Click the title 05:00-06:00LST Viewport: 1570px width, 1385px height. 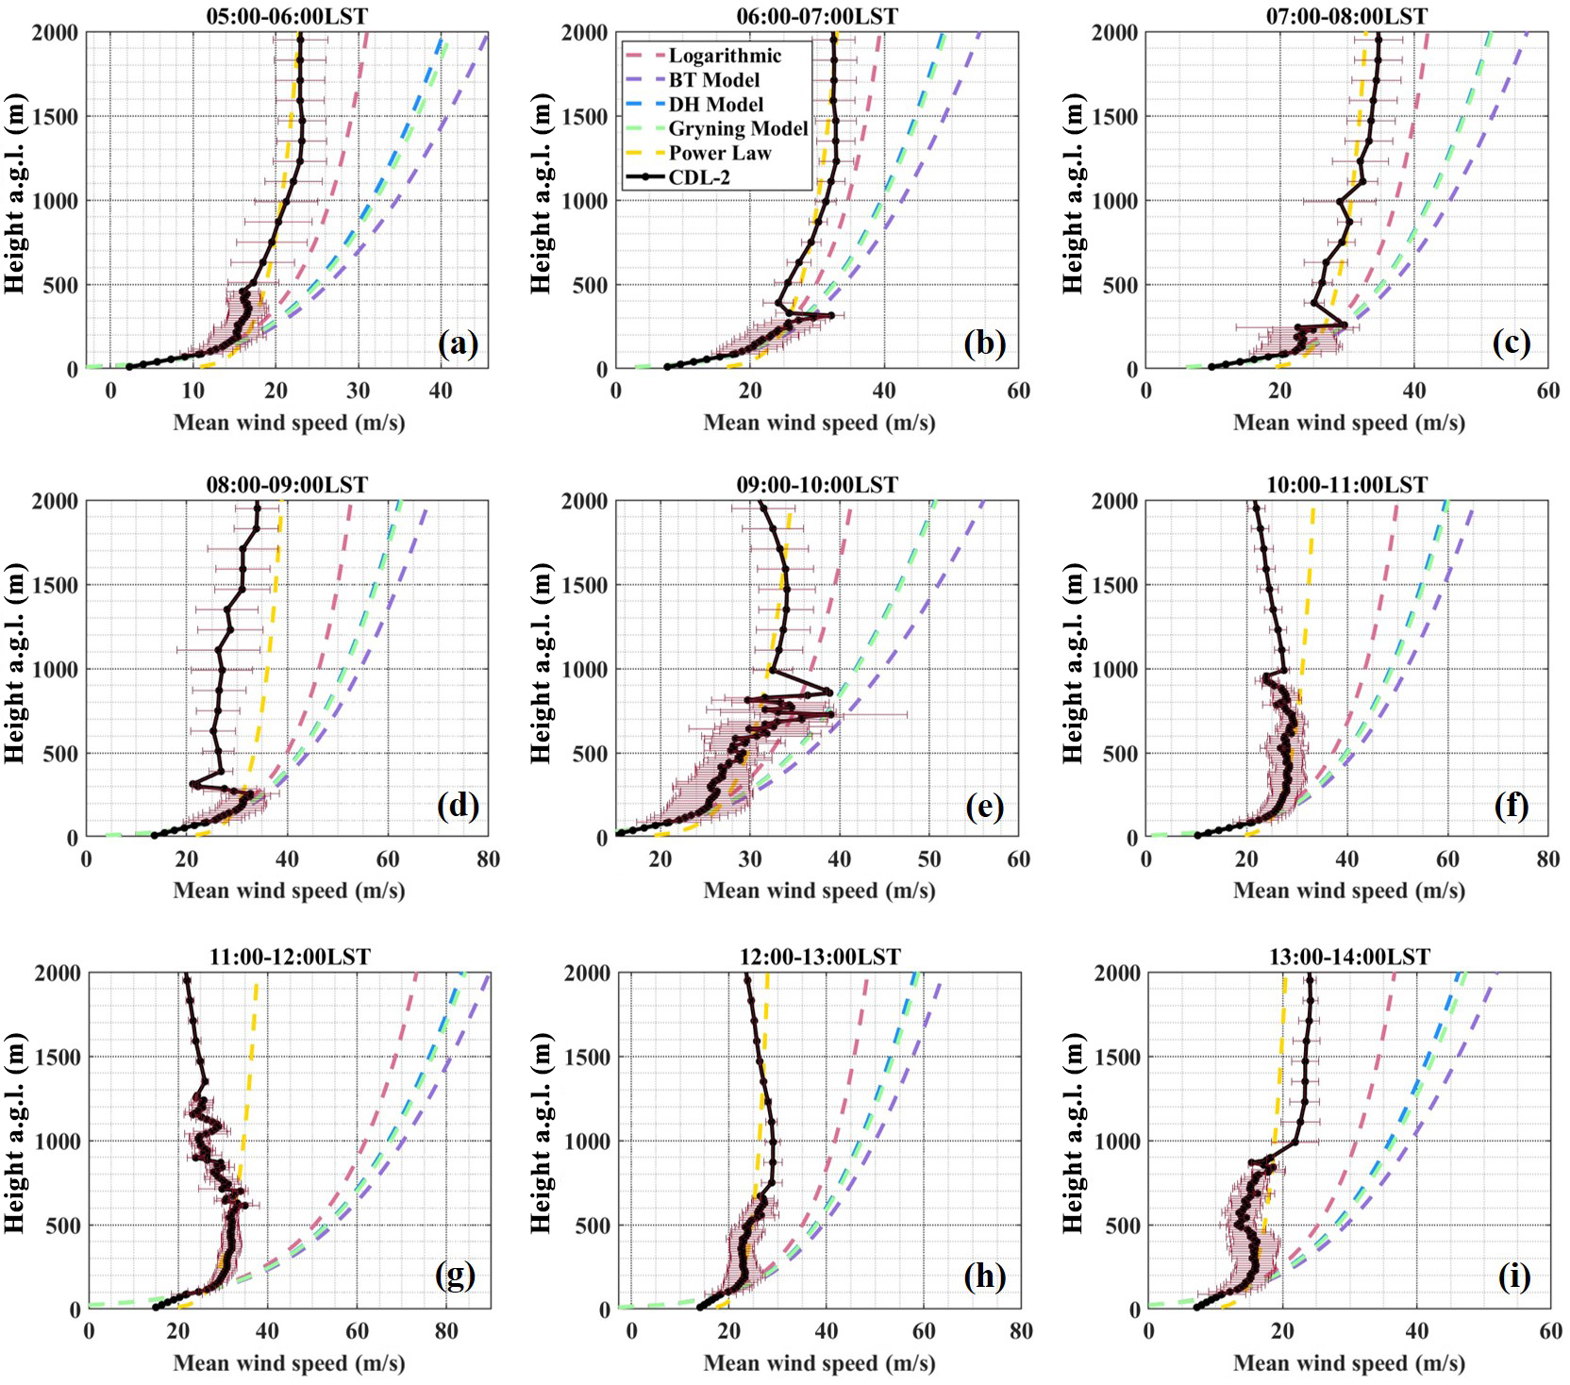click(x=287, y=16)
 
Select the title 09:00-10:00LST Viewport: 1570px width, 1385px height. click(x=817, y=485)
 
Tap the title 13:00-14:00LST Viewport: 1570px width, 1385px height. click(x=1349, y=957)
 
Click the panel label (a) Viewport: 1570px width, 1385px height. click(x=459, y=343)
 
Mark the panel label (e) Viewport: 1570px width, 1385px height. click(x=985, y=807)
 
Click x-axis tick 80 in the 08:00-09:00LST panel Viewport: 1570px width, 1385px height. click(x=488, y=859)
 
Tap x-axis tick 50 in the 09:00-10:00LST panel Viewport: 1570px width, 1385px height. click(x=929, y=859)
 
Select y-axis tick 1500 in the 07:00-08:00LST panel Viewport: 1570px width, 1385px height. click(x=1115, y=117)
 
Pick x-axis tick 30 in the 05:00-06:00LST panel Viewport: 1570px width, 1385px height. click(x=359, y=391)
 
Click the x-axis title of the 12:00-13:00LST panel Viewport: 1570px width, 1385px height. click(x=819, y=1363)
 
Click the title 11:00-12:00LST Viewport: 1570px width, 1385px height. click(x=290, y=957)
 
